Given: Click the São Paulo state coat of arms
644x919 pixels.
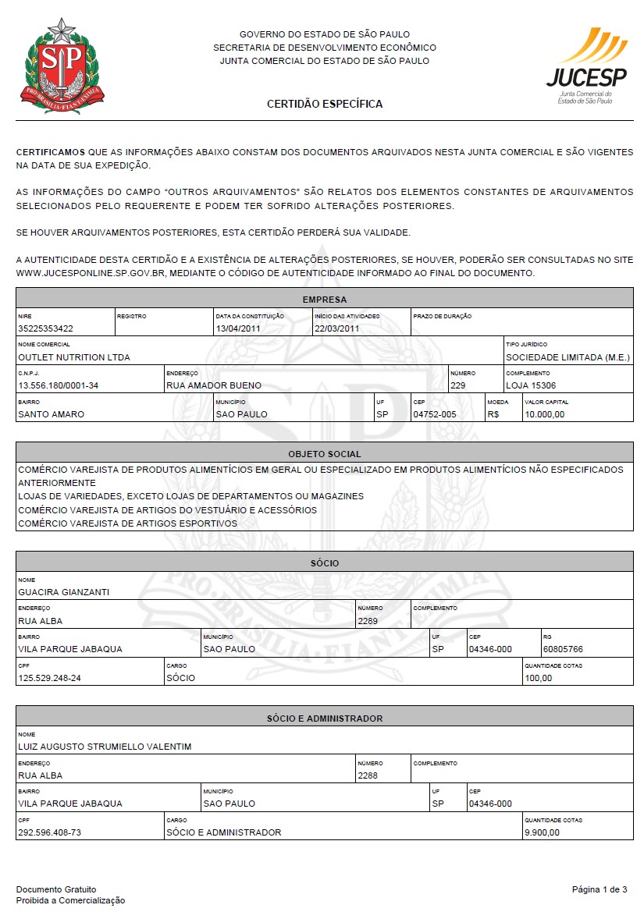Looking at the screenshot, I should tap(62, 66).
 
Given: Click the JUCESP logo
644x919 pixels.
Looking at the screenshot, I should tap(586, 66).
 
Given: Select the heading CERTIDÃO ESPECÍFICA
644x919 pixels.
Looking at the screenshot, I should tap(325, 104).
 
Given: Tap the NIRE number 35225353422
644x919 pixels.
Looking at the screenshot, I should tap(45, 328).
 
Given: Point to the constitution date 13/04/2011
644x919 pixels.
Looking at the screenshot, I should tap(238, 328).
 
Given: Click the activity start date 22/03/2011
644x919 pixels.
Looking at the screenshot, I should tap(336, 328).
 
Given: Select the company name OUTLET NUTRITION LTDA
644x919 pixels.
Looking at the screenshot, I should tap(74, 357).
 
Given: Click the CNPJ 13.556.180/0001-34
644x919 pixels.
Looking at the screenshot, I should tap(58, 385).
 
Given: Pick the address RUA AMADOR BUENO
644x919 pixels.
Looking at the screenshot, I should tap(214, 385).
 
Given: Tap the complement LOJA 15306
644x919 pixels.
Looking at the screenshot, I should tap(531, 385).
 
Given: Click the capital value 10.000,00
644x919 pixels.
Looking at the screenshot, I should tap(545, 414).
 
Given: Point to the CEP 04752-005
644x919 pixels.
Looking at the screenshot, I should tap(434, 414).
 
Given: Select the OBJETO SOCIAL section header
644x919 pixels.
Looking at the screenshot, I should tap(325, 453).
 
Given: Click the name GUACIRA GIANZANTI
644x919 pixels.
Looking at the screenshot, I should tap(63, 592).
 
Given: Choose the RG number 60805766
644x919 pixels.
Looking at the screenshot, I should tap(563, 649).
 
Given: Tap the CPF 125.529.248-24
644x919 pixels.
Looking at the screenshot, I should tap(49, 678).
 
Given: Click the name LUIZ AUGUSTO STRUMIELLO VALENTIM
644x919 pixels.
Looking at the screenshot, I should tap(105, 747).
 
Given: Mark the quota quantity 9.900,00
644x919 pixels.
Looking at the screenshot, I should tap(543, 832).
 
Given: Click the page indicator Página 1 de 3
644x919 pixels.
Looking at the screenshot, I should tap(600, 889).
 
